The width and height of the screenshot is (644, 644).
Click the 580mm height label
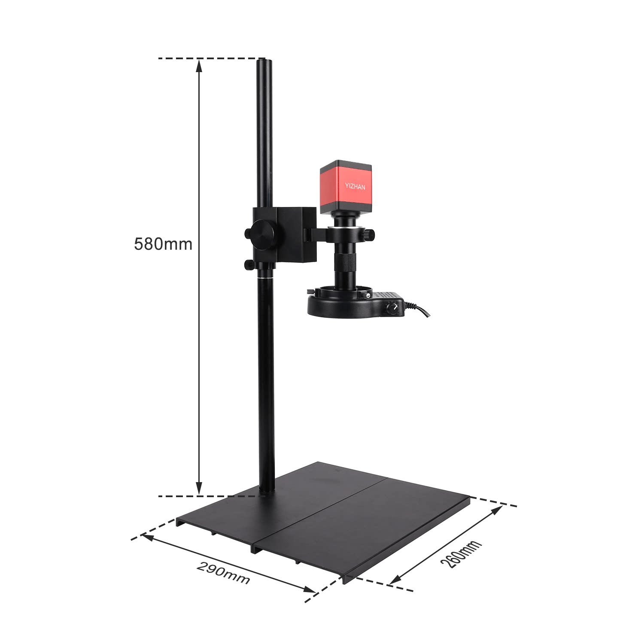[163, 244]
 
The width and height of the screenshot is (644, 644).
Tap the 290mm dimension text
[223, 573]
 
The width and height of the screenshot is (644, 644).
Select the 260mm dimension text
[461, 554]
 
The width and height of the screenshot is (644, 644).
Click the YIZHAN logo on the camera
[355, 186]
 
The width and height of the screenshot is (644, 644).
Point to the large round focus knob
[263, 234]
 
